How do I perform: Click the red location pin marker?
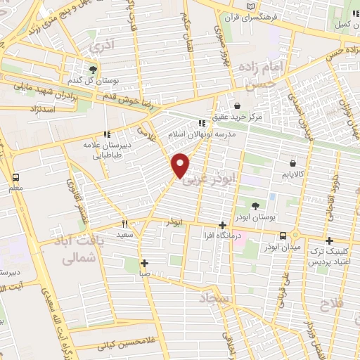point(181,164)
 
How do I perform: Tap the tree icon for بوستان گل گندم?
point(92,69)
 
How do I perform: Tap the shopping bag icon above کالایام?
point(292,162)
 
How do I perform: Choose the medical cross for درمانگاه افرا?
point(222,225)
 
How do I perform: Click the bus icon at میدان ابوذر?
point(282,236)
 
